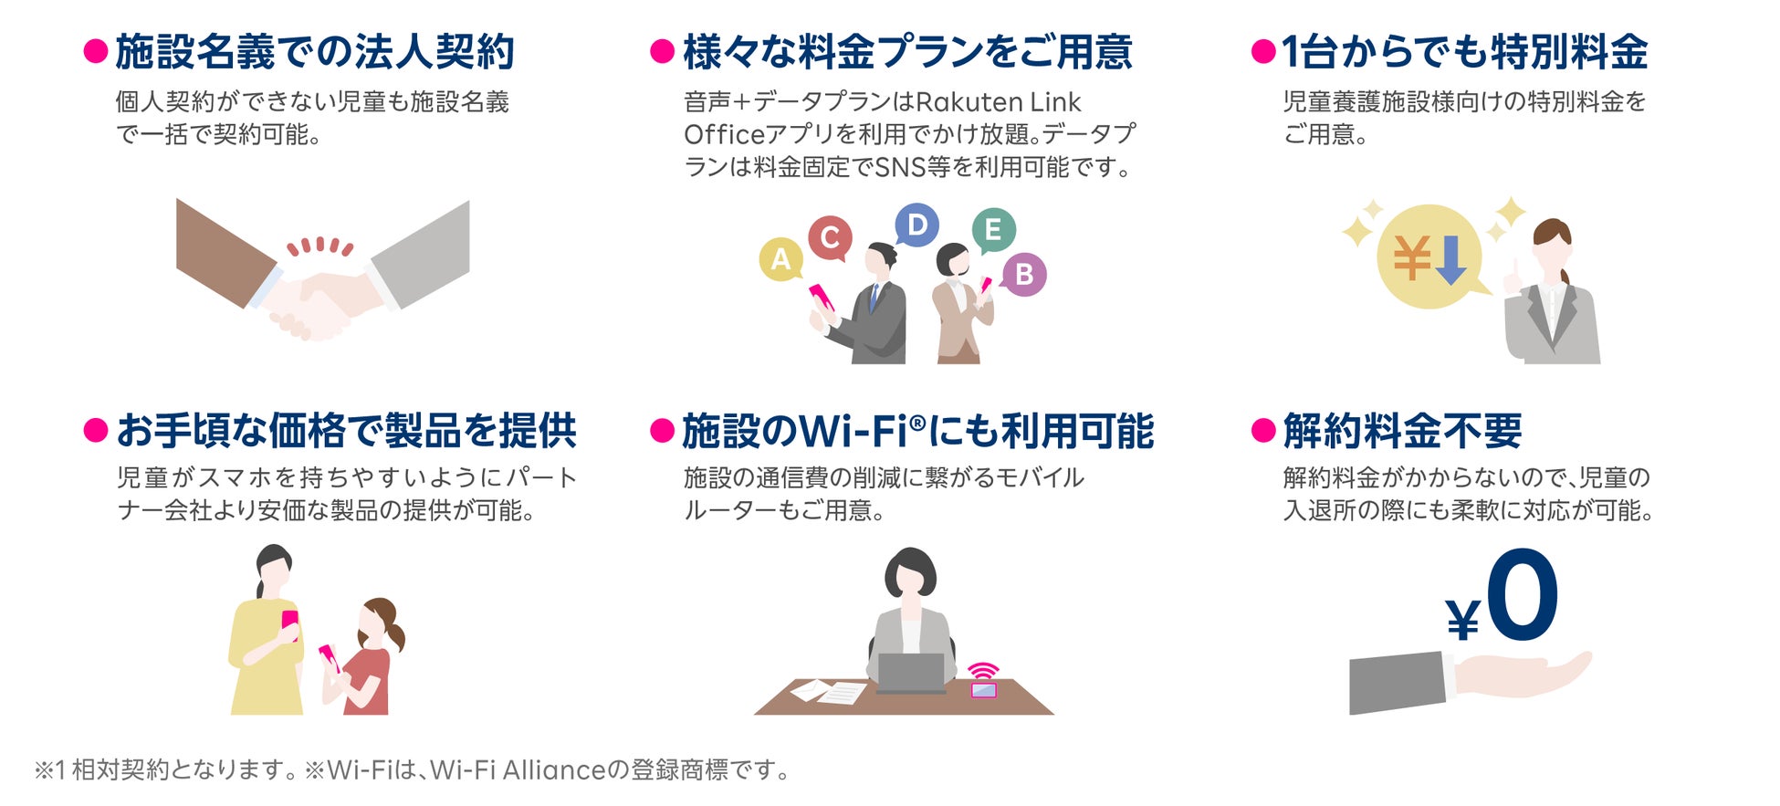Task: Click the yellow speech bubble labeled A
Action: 780,259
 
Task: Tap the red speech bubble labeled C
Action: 830,237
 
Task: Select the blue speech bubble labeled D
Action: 916,225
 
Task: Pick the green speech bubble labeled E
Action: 993,229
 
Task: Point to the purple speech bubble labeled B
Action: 1023,274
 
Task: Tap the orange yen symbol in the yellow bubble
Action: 1411,257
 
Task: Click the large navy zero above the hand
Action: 1522,595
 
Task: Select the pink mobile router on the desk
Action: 983,684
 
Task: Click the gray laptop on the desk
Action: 910,674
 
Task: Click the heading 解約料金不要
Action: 1402,431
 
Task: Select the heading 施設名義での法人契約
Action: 315,52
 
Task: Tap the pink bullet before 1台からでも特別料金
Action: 1262,52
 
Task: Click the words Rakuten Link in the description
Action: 998,102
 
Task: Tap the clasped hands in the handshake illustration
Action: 315,306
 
